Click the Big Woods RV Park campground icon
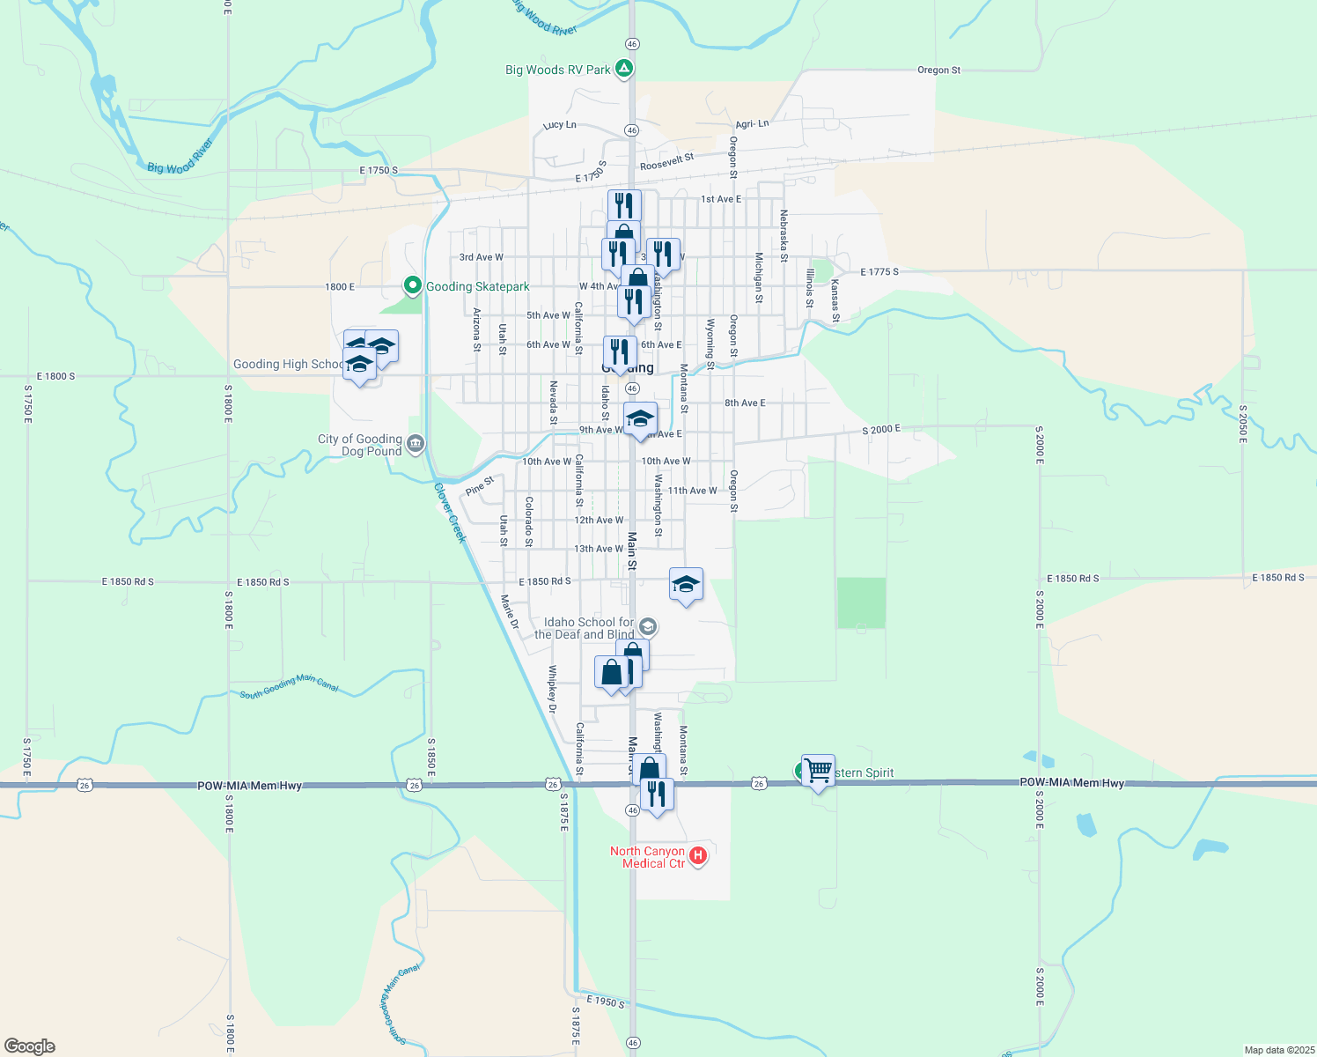(x=624, y=68)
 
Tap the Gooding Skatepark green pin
(x=412, y=285)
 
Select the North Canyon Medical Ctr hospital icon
(x=698, y=855)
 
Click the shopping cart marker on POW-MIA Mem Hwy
(x=818, y=772)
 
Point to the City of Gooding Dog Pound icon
(x=416, y=443)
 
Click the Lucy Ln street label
(x=560, y=125)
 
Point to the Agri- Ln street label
(x=750, y=124)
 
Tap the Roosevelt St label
(x=666, y=161)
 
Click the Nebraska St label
(x=783, y=236)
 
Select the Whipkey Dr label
(x=553, y=689)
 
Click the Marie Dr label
(x=510, y=612)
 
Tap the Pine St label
(x=480, y=485)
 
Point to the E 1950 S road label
(x=606, y=1002)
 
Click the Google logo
(x=30, y=1046)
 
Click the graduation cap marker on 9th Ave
(x=640, y=418)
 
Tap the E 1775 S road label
(x=879, y=272)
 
